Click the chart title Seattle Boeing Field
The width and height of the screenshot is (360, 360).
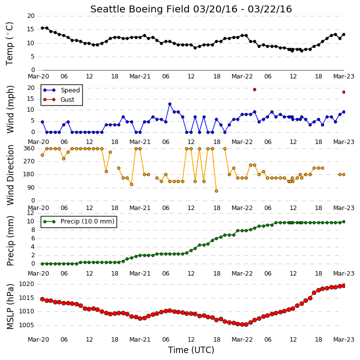(x=140, y=9)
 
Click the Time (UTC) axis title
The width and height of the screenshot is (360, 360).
(x=191, y=350)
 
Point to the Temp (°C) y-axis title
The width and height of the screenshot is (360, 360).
(x=9, y=44)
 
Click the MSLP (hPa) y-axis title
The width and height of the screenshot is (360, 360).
(x=10, y=306)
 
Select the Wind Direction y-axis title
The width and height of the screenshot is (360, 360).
(x=10, y=175)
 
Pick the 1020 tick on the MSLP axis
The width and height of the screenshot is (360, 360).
(x=26, y=284)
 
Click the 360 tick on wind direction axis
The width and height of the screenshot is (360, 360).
(x=29, y=148)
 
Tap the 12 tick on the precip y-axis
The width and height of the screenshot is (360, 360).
(x=31, y=213)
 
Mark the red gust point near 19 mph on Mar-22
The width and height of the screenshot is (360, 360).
(x=254, y=90)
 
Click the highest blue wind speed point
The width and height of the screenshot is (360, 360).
(x=170, y=104)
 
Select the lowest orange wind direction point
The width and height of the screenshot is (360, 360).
(x=216, y=191)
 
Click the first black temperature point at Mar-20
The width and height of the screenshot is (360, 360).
(x=42, y=28)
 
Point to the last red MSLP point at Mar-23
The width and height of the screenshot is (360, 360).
(x=344, y=286)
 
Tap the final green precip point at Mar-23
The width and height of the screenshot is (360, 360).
(x=344, y=221)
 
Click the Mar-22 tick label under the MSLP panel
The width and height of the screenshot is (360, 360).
(x=242, y=340)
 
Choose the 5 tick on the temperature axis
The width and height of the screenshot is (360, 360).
(x=32, y=57)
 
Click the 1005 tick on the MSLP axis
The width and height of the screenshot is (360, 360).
(x=26, y=325)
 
